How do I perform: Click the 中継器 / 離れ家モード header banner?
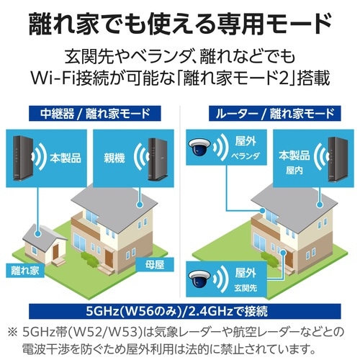click(x=95, y=114)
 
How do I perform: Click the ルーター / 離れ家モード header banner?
click(x=275, y=114)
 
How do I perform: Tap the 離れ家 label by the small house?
click(x=25, y=271)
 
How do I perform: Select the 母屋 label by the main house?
click(x=155, y=265)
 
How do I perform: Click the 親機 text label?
click(x=114, y=158)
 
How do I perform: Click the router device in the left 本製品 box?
click(x=23, y=158)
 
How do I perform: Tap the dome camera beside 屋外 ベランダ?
click(x=199, y=146)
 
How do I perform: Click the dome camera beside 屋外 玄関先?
click(x=199, y=279)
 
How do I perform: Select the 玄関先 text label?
click(x=246, y=288)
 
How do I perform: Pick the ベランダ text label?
click(x=246, y=156)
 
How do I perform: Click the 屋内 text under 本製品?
click(x=294, y=171)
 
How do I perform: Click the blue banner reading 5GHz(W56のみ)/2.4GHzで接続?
click(x=185, y=311)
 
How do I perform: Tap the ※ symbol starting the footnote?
click(x=13, y=333)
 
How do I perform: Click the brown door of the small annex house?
click(x=55, y=252)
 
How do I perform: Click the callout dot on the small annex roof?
click(x=37, y=233)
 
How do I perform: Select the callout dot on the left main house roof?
click(x=139, y=204)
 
